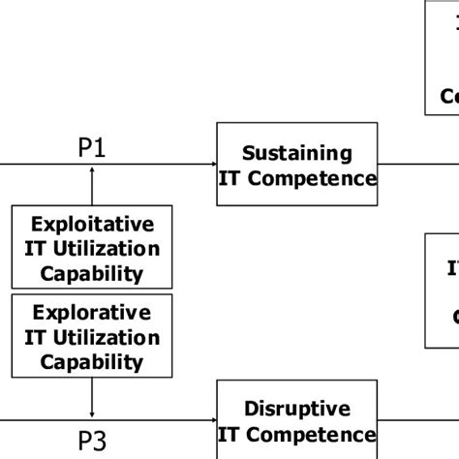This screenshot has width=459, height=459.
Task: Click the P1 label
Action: [92, 147]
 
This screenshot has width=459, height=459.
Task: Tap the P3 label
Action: [92, 442]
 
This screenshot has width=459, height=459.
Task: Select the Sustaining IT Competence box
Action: [296, 165]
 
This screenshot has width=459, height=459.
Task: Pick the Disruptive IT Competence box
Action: [296, 421]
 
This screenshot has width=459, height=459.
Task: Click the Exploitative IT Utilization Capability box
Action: [92, 248]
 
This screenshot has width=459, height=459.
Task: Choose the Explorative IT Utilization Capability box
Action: [92, 337]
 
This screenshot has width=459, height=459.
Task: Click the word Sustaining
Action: [296, 153]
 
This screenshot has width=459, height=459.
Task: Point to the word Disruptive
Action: [296, 409]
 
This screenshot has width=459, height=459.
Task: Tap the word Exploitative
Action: [92, 225]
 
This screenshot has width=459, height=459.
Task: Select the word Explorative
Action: [92, 314]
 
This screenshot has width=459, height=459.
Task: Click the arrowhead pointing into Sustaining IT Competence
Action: [211, 164]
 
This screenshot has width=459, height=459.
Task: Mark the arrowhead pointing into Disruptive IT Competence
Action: [210, 419]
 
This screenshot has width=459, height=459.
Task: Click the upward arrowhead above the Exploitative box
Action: [92, 170]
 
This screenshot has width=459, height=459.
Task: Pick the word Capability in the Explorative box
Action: [92, 362]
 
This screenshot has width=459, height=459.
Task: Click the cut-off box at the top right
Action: [443, 58]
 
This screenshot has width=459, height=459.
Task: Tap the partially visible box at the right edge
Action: [443, 291]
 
